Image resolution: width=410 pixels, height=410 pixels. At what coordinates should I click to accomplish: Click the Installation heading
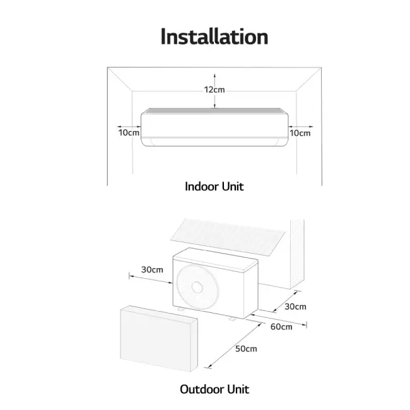pyautogui.click(x=214, y=36)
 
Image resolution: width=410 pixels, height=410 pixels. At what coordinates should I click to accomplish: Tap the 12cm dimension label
pyautogui.click(x=214, y=90)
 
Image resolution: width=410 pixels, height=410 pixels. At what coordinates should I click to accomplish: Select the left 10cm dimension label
pyautogui.click(x=129, y=132)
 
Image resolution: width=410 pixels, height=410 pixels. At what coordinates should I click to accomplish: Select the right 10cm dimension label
pyautogui.click(x=300, y=132)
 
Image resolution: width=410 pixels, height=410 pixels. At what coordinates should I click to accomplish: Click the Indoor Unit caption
pyautogui.click(x=214, y=186)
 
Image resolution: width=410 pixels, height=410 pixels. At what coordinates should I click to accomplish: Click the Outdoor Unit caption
pyautogui.click(x=214, y=389)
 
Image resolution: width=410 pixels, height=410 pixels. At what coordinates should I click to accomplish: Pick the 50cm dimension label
pyautogui.click(x=245, y=349)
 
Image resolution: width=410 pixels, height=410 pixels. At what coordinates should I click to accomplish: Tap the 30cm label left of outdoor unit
pyautogui.click(x=152, y=269)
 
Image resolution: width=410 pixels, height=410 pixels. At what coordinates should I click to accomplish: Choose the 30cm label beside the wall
pyautogui.click(x=295, y=307)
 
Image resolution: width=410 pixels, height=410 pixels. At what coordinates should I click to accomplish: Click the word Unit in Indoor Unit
pyautogui.click(x=231, y=186)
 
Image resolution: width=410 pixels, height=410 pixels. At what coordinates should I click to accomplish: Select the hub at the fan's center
pyautogui.click(x=197, y=287)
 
